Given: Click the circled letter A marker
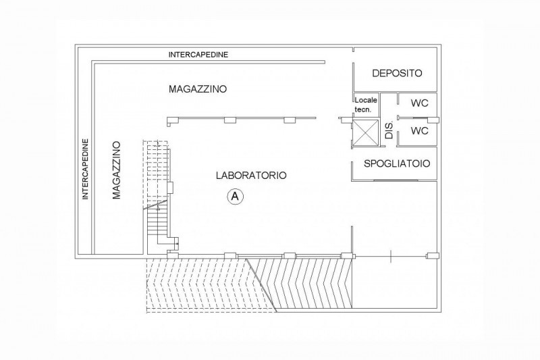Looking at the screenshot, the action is [235, 197].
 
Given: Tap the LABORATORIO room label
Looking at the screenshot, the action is [251, 176].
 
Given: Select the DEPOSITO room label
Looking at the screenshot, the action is [397, 73].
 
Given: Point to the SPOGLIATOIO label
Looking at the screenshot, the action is [397, 163].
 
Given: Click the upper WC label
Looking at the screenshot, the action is [419, 103].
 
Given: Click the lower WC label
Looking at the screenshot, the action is [419, 130].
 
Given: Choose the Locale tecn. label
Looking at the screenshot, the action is [366, 105].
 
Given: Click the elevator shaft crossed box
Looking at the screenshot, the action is [366, 133].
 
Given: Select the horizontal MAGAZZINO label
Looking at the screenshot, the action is [198, 89].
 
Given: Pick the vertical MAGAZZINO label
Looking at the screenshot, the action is [117, 170].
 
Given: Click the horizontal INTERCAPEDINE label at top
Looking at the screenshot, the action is [198, 55].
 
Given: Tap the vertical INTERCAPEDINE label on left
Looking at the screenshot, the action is [86, 169].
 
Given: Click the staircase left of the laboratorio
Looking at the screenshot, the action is [158, 197].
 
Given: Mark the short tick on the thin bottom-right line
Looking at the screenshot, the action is [391, 256].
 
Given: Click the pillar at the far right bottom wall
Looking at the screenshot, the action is [433, 255].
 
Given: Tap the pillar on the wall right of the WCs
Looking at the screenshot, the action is [433, 120].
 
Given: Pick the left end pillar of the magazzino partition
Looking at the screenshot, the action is [173, 120].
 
